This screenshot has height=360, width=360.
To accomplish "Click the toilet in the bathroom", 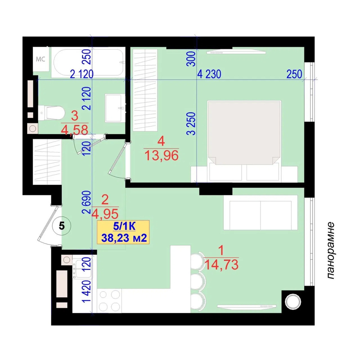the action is point(51,113).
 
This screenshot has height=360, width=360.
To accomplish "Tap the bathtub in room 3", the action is point(88,62).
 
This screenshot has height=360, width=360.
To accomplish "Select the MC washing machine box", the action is point(41,59).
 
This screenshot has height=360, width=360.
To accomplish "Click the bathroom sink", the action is point(115,108).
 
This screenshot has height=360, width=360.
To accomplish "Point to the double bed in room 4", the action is point(244,141).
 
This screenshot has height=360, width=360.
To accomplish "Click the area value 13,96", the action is point(162,155).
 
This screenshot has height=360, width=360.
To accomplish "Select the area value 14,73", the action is point(221,264).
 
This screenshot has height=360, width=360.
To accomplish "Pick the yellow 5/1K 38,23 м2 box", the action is point(123,232).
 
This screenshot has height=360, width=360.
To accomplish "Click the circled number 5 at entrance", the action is point(62,226).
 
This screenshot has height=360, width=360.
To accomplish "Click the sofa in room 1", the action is point(260,213).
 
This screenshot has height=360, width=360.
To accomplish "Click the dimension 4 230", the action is point(209,74).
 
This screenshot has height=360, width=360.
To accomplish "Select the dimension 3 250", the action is point(191,124).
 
